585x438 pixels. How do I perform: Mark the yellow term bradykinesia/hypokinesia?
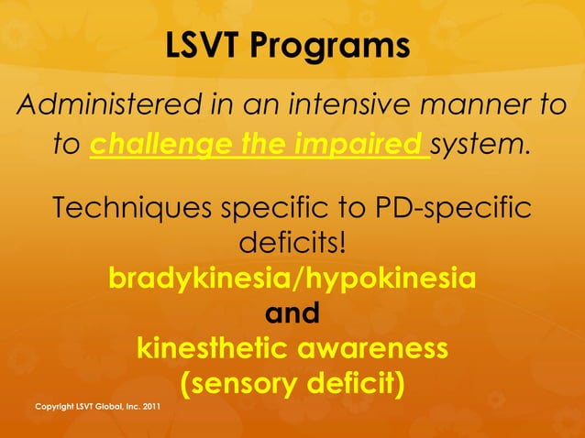coord(292,279)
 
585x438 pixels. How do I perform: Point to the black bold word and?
coord(292,314)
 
